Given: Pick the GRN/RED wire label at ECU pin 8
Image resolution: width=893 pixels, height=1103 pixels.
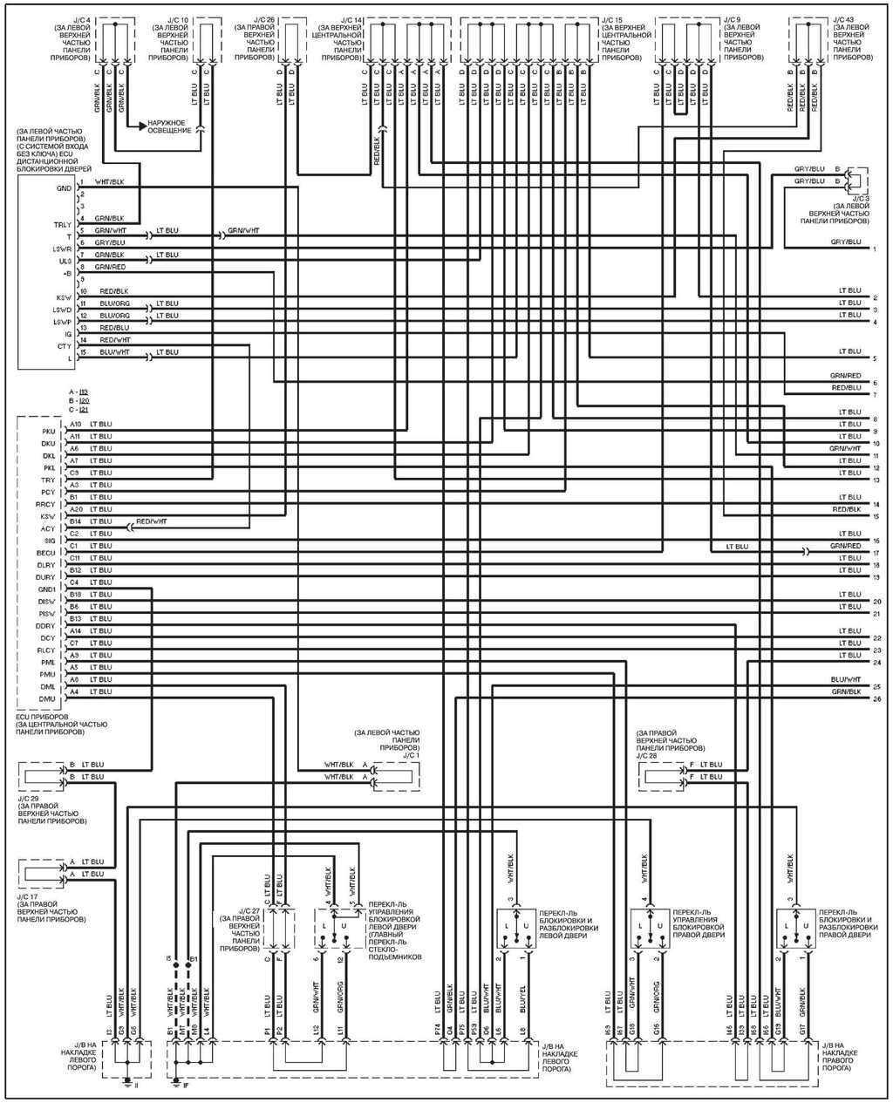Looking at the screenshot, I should click(x=110, y=267).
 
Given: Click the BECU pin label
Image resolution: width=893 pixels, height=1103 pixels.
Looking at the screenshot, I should click(x=46, y=553).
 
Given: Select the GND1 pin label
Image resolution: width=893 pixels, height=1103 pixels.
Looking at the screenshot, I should click(x=46, y=589).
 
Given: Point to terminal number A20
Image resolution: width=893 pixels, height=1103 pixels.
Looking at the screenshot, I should click(x=76, y=509).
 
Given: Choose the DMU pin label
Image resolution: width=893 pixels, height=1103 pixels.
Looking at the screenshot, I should click(x=47, y=699).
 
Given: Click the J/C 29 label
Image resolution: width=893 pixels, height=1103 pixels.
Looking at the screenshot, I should click(x=29, y=798).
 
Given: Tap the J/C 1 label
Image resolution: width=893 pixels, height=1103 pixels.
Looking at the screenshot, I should click(x=409, y=756).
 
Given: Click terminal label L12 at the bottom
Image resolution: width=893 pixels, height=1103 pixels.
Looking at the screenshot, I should click(x=316, y=1031).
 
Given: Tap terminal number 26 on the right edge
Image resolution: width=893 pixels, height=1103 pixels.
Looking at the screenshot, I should click(x=875, y=698).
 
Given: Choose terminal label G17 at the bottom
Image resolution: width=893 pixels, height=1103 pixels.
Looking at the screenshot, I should click(x=801, y=1031).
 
